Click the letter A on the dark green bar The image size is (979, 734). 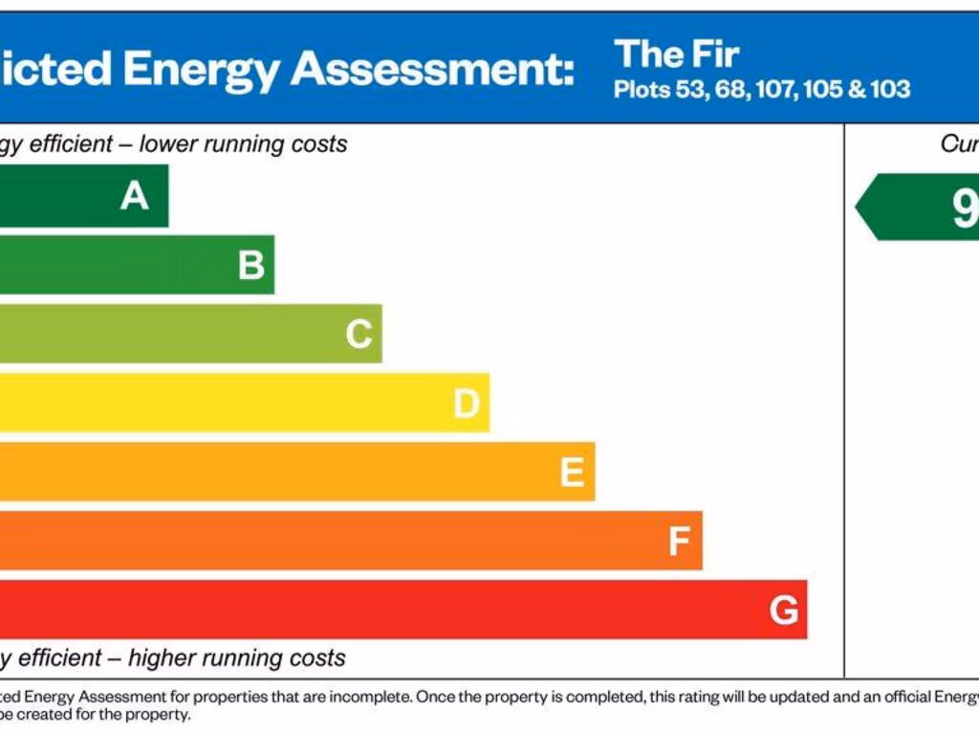135,196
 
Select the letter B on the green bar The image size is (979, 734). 251,265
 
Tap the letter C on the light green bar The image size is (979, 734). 359,335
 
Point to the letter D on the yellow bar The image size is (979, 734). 466,404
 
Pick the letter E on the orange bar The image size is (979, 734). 572,472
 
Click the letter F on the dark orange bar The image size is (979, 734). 679,542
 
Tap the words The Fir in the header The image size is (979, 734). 677,54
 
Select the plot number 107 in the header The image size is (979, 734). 776,91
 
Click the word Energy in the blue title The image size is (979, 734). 202,69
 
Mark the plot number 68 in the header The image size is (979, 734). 729,91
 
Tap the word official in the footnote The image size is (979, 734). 913,698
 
